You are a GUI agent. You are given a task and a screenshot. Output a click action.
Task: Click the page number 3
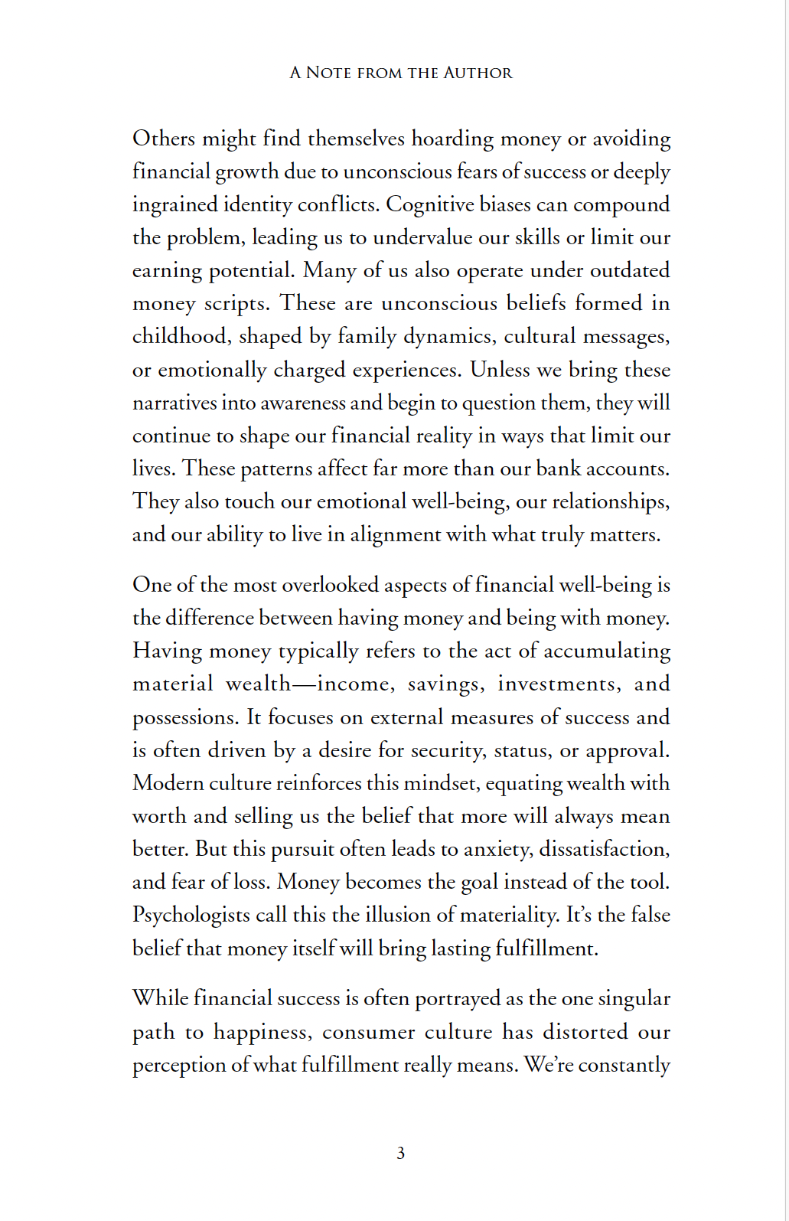coord(400,1153)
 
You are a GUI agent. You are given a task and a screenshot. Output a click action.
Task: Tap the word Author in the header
coord(478,73)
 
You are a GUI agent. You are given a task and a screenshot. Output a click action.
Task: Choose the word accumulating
coord(607,651)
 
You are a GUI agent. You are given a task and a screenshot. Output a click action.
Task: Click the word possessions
coord(184,718)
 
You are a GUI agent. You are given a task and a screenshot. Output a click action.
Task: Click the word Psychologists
coord(191,916)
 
